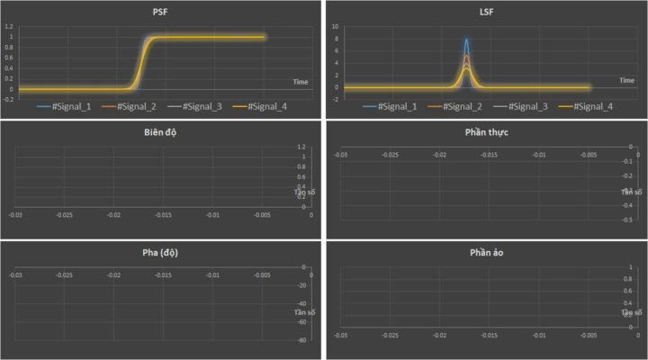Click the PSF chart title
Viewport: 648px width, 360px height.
pos(160,11)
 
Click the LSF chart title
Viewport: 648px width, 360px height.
pos(485,11)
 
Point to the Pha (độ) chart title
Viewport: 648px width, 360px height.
pos(160,252)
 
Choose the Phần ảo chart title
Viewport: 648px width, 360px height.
pos(485,252)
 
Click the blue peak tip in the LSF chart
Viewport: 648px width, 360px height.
pos(466,40)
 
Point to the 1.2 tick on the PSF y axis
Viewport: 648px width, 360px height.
pos(8,27)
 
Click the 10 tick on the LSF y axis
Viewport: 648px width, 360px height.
pos(335,27)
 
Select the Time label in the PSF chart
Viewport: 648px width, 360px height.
pos(301,82)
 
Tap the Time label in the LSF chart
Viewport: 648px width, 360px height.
pos(627,80)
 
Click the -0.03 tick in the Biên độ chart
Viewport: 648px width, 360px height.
pos(15,215)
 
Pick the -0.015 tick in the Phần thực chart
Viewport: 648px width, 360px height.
pos(489,155)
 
